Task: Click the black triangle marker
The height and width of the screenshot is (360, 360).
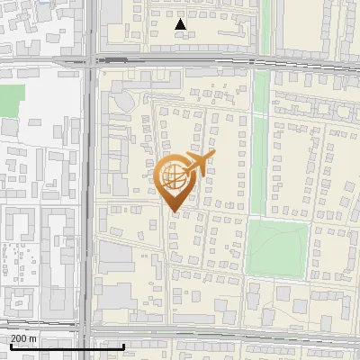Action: [180, 24]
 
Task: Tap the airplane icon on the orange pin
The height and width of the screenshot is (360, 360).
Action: [199, 164]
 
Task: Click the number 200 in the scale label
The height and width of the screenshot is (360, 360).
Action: [19, 338]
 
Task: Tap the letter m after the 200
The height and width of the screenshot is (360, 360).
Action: [32, 338]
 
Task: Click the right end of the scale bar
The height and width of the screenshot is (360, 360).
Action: [123, 346]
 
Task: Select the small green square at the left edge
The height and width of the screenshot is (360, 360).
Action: [10, 100]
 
